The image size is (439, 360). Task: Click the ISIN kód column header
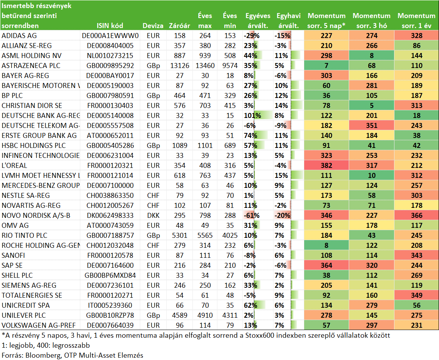110,26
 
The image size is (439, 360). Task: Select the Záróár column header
179,26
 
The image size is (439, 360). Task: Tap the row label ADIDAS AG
19,36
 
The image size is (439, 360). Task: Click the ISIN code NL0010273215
110,56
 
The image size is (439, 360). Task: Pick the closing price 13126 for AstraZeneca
179,66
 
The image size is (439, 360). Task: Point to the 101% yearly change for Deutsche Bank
252,116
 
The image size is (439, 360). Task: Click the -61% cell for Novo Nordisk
252,216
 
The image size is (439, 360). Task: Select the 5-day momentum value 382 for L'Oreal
326,166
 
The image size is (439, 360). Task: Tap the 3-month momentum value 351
371,126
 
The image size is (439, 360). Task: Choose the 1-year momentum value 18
417,116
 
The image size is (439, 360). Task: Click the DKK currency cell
153,216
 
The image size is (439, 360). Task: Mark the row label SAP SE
12,265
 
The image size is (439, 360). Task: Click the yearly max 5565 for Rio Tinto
205,236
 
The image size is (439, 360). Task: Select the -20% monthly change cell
282,216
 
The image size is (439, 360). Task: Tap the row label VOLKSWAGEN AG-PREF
39,325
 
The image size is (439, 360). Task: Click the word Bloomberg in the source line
43,355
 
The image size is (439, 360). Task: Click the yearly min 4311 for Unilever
230,315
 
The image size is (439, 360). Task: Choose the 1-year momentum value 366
417,216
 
